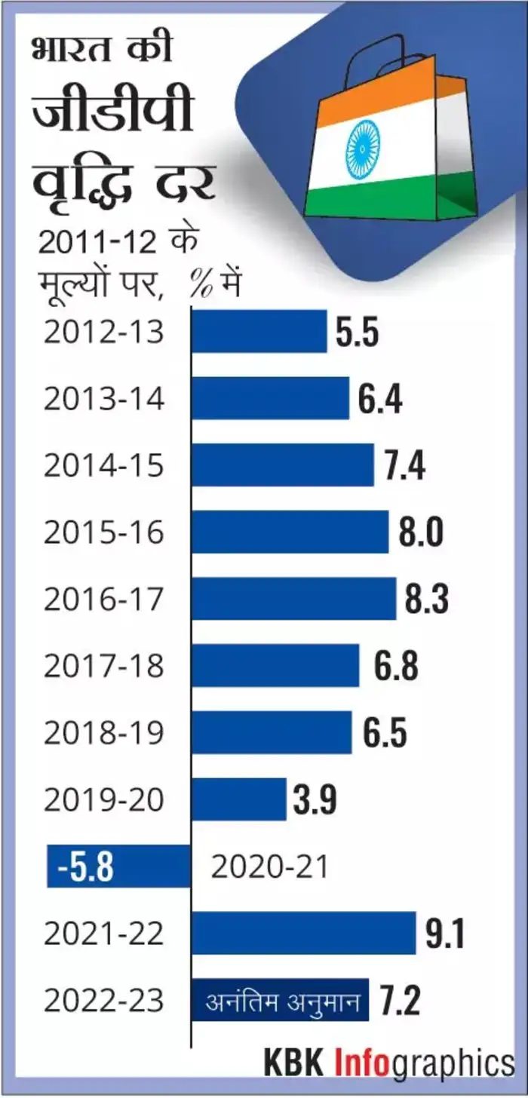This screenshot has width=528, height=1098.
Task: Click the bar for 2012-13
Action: click(259, 332)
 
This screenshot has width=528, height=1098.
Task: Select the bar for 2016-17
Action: click(293, 599)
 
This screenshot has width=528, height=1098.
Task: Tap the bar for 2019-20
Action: click(238, 799)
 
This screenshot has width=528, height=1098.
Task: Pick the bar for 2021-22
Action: click(303, 933)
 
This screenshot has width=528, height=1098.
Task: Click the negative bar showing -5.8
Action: click(118, 866)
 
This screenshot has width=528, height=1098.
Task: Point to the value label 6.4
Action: click(379, 399)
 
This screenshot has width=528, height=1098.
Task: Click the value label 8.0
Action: click(421, 532)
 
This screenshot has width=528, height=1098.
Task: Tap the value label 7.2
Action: click(398, 1000)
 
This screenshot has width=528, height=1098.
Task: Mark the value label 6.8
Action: click(395, 666)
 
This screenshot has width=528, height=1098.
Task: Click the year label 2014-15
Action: click(103, 466)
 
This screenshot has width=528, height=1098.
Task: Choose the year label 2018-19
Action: click(103, 733)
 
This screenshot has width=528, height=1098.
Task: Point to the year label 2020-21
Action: click(270, 867)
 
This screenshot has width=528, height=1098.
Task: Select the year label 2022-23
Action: click(103, 1001)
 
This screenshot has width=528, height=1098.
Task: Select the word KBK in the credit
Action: click(294, 1063)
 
